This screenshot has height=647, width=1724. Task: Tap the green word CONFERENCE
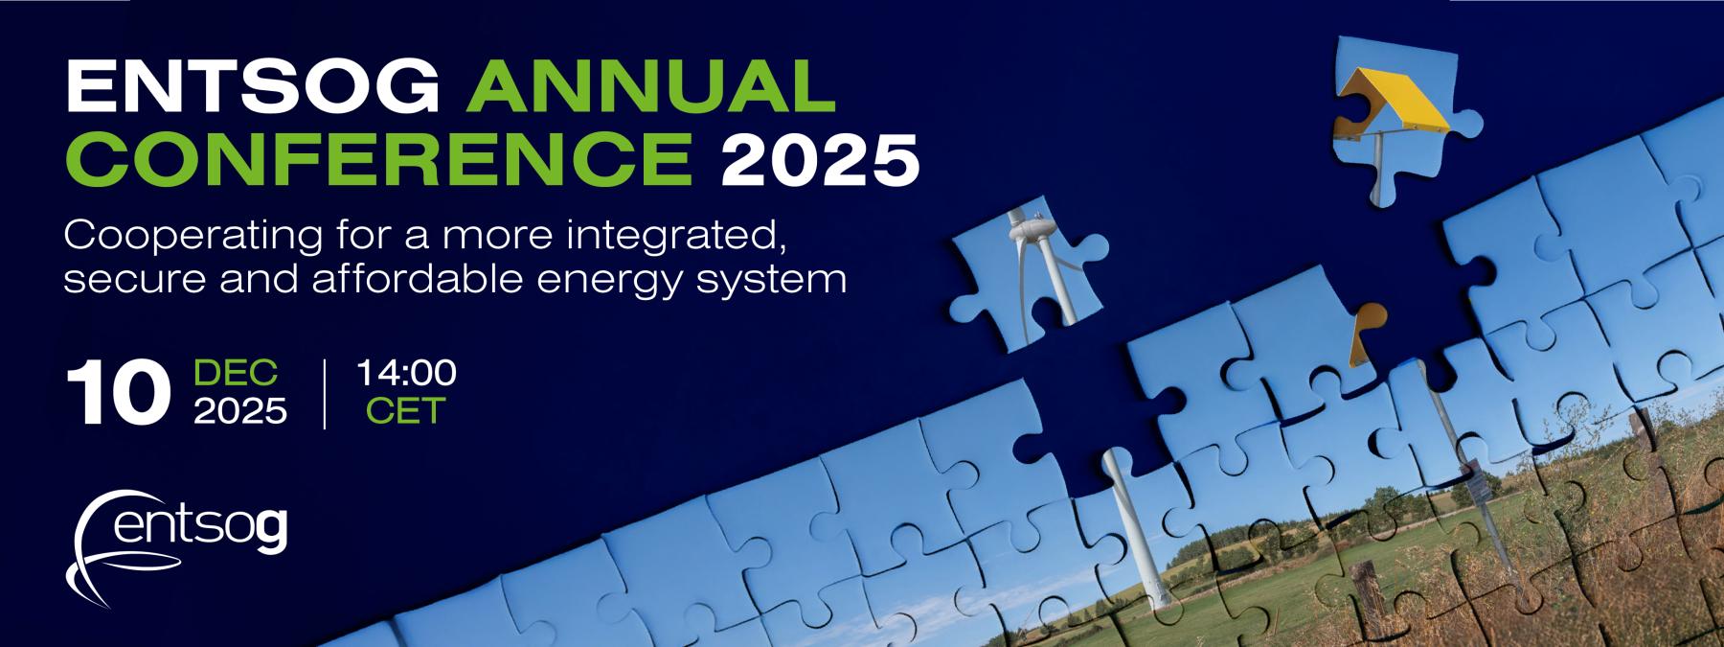383,159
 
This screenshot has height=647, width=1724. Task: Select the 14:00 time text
406,373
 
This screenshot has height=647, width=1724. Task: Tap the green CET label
406,411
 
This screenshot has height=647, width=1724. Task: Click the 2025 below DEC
240,411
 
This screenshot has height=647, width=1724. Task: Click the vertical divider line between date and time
326,393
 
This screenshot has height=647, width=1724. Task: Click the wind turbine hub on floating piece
1032,230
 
